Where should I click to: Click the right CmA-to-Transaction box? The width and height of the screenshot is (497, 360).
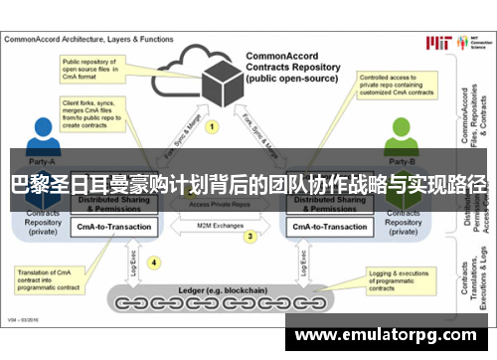click(x=329, y=227)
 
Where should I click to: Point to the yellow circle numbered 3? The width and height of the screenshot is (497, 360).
click(x=250, y=237)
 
